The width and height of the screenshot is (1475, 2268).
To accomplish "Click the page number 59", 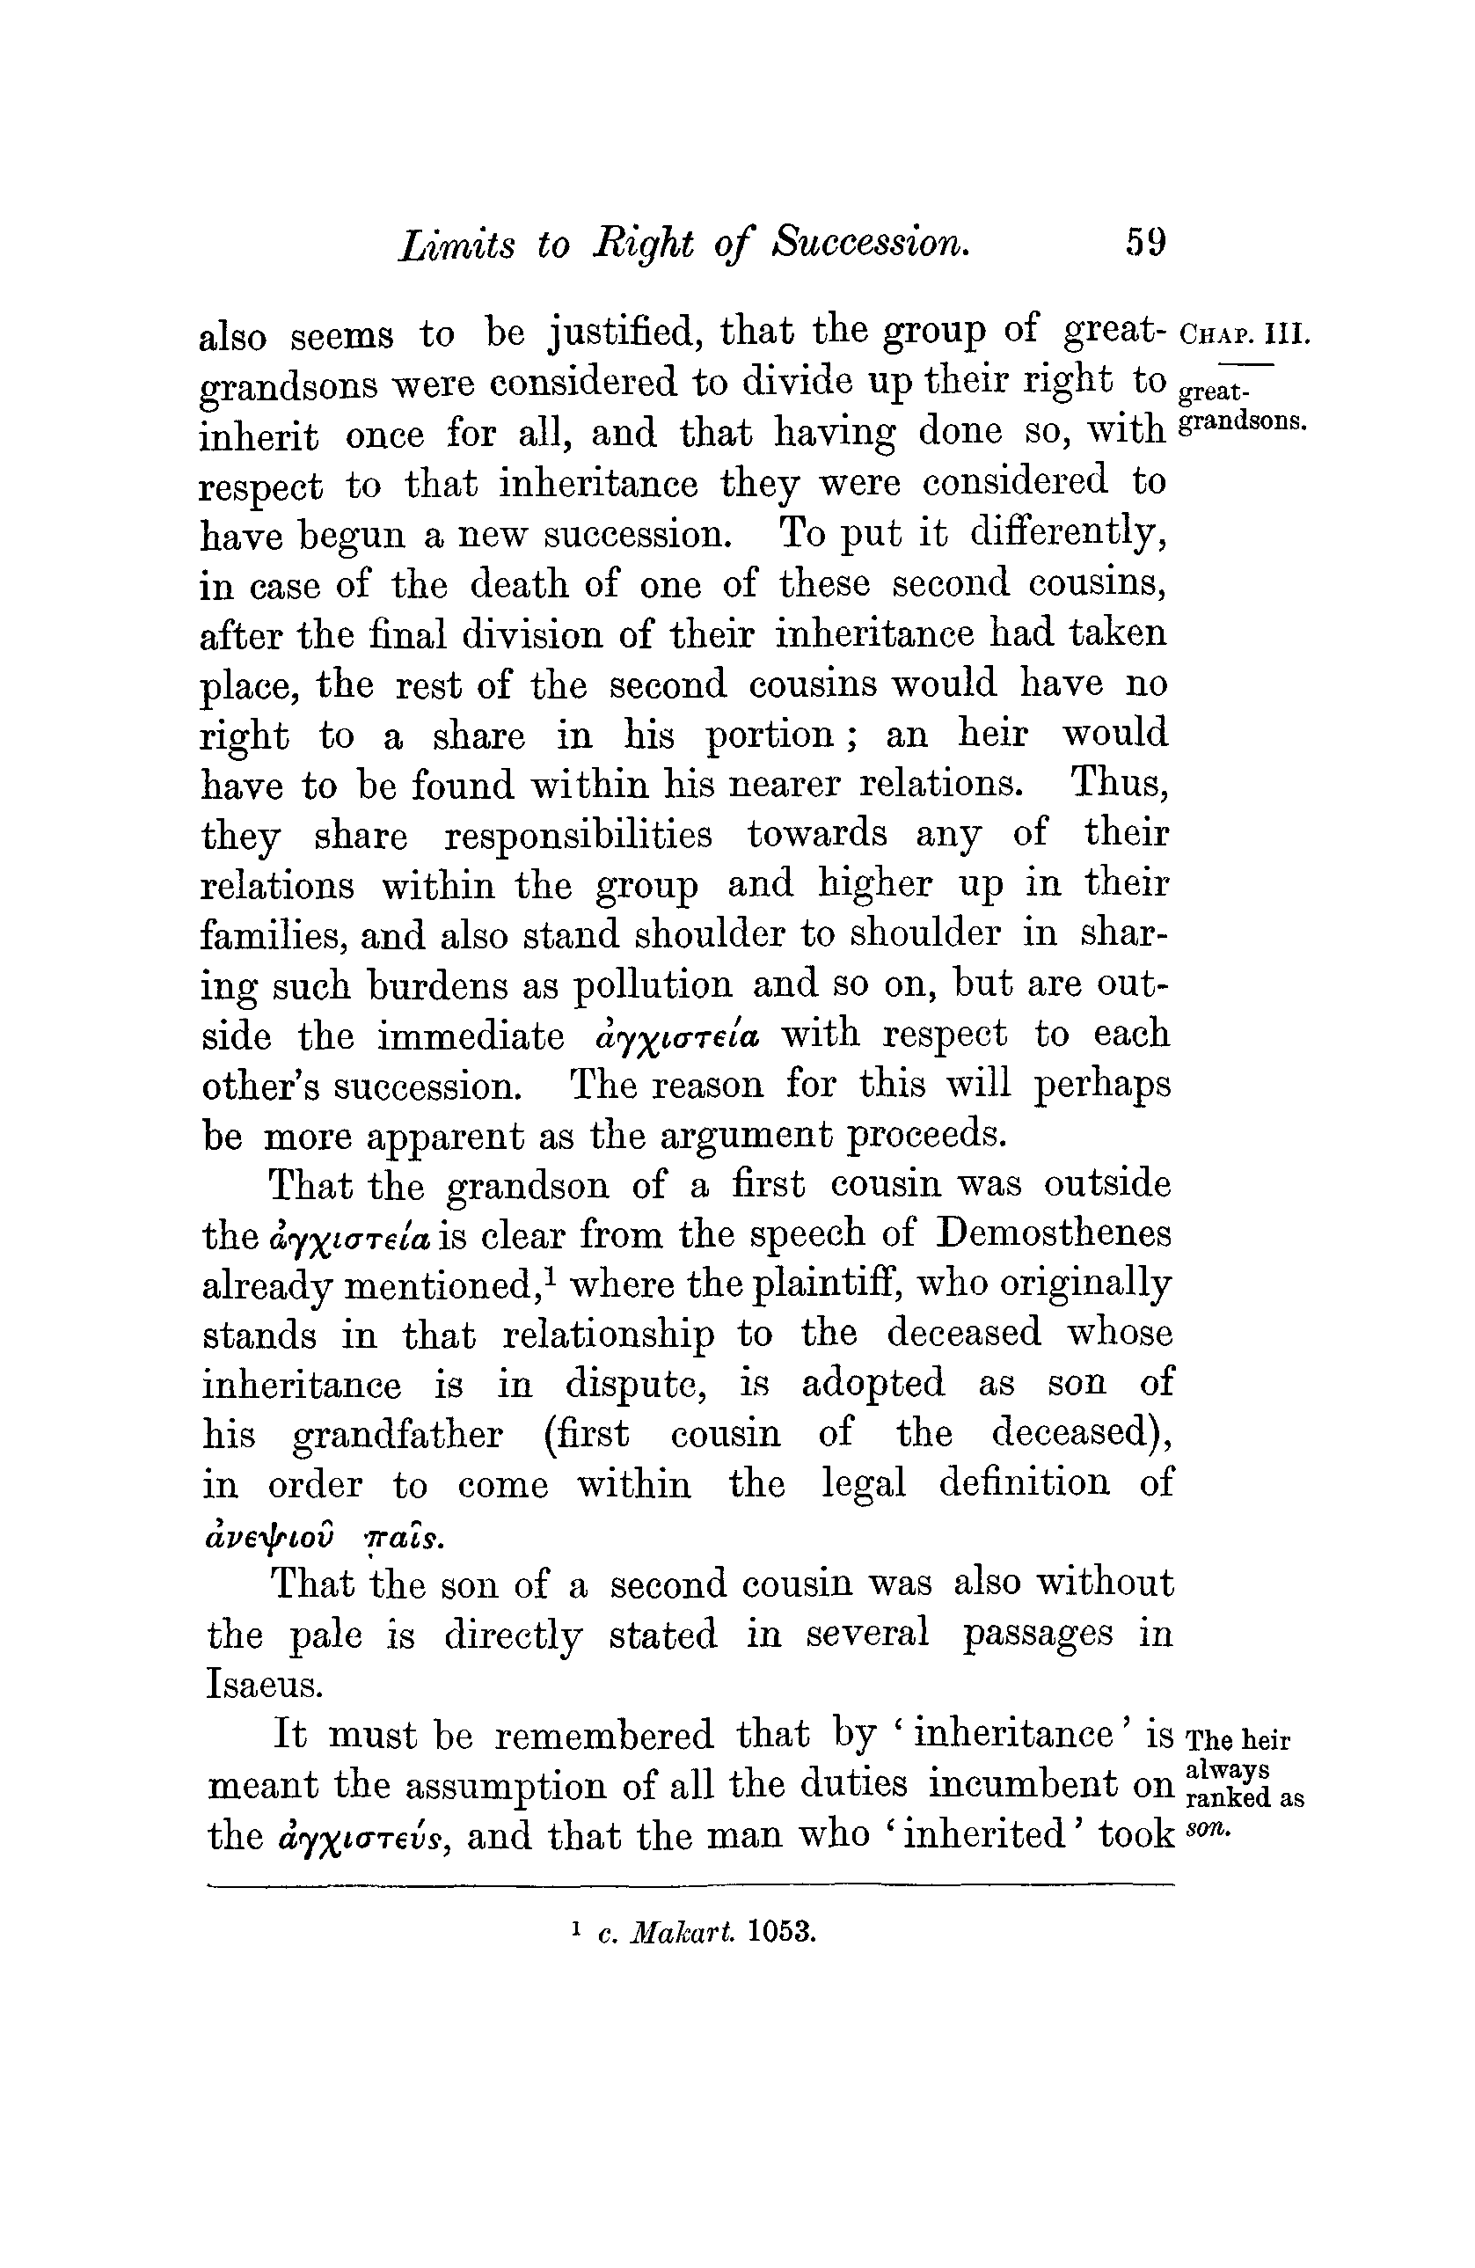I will point(1144,242).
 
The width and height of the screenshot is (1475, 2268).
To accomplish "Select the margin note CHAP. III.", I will point(1245,336).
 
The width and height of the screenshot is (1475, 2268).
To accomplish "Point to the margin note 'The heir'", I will point(1238,1740).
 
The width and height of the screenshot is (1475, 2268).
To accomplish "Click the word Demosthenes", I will point(1054,1233).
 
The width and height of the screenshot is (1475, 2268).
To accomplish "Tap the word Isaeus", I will point(264,1684).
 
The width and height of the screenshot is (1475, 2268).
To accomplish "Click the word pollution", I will point(653,984).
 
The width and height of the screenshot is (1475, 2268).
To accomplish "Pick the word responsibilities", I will point(577,835).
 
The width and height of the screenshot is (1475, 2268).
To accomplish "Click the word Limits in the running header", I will point(456,244).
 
